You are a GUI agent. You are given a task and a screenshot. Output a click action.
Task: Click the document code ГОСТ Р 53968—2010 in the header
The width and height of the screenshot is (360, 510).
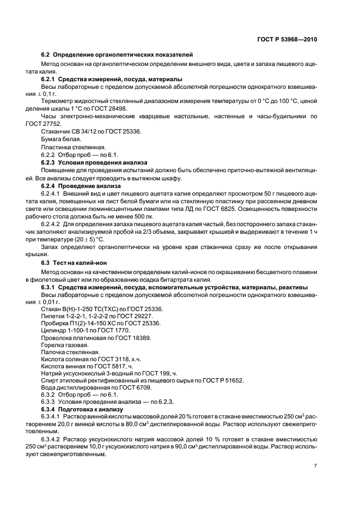coord(287,40)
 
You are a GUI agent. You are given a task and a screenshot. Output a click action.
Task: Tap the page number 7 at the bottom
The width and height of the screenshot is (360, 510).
coord(315,466)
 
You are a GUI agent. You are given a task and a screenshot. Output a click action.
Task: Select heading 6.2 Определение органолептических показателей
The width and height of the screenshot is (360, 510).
coord(117,55)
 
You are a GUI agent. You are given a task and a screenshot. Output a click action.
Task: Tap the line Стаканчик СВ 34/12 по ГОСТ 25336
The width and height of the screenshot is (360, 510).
coord(90,132)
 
